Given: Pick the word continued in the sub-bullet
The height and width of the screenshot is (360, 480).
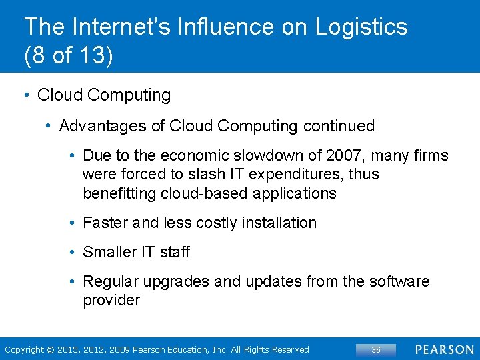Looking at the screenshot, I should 339,125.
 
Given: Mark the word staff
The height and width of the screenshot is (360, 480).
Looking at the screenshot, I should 175,252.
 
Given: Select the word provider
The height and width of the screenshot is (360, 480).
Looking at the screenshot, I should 111,300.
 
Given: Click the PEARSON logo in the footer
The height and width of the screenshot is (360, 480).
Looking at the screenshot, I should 445,349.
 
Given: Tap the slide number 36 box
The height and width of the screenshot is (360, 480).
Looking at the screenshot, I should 375,349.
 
